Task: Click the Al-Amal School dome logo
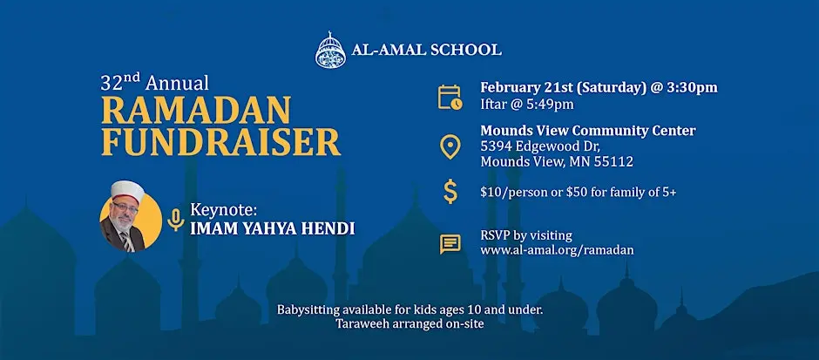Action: (x=329, y=49)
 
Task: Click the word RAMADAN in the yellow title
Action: (x=195, y=110)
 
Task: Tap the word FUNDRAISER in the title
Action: (x=220, y=142)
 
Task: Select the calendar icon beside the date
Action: (x=450, y=96)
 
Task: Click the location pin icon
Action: (x=450, y=146)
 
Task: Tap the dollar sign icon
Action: (x=450, y=192)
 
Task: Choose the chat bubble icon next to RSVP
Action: (x=450, y=243)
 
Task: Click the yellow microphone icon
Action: (x=175, y=220)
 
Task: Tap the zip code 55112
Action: (x=613, y=162)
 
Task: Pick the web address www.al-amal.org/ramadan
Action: (x=557, y=250)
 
